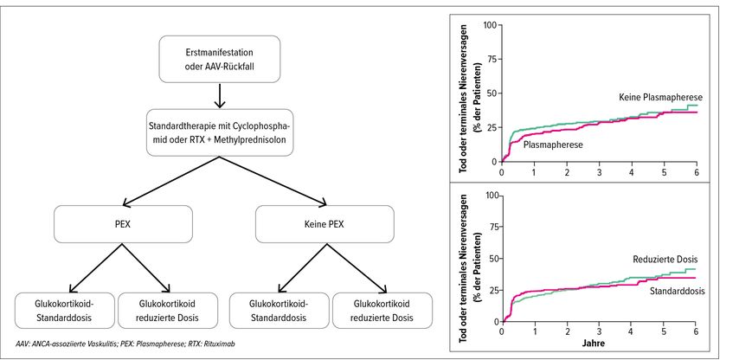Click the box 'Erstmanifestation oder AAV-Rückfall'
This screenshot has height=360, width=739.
coord(222,56)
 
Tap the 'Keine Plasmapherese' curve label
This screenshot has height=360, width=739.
coord(660,97)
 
